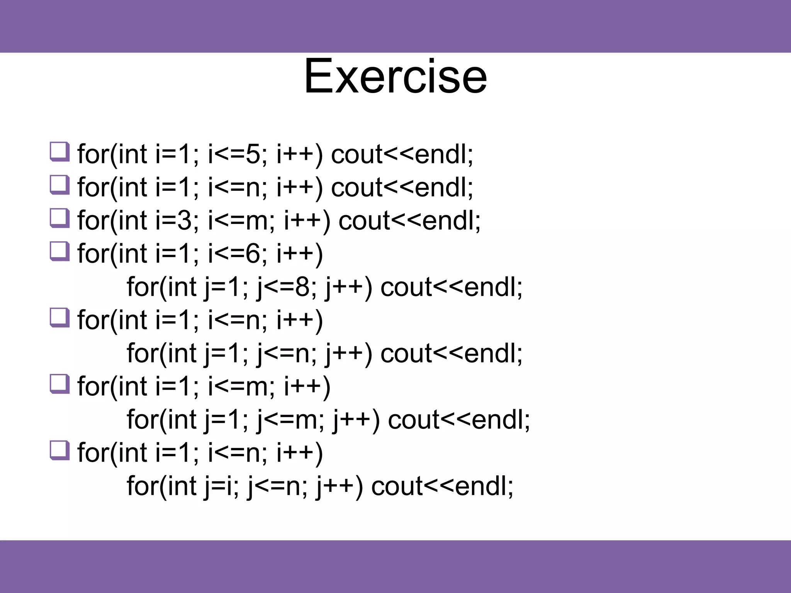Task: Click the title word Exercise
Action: tap(395, 76)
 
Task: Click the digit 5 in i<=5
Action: tap(253, 154)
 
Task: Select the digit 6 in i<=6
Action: tap(253, 254)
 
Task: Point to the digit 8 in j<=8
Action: tap(302, 287)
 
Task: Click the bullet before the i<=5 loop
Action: tap(59, 152)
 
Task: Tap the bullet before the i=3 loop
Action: tap(59, 218)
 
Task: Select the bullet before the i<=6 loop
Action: tap(59, 251)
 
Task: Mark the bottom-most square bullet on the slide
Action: tap(59, 451)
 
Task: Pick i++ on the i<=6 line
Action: tap(295, 254)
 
